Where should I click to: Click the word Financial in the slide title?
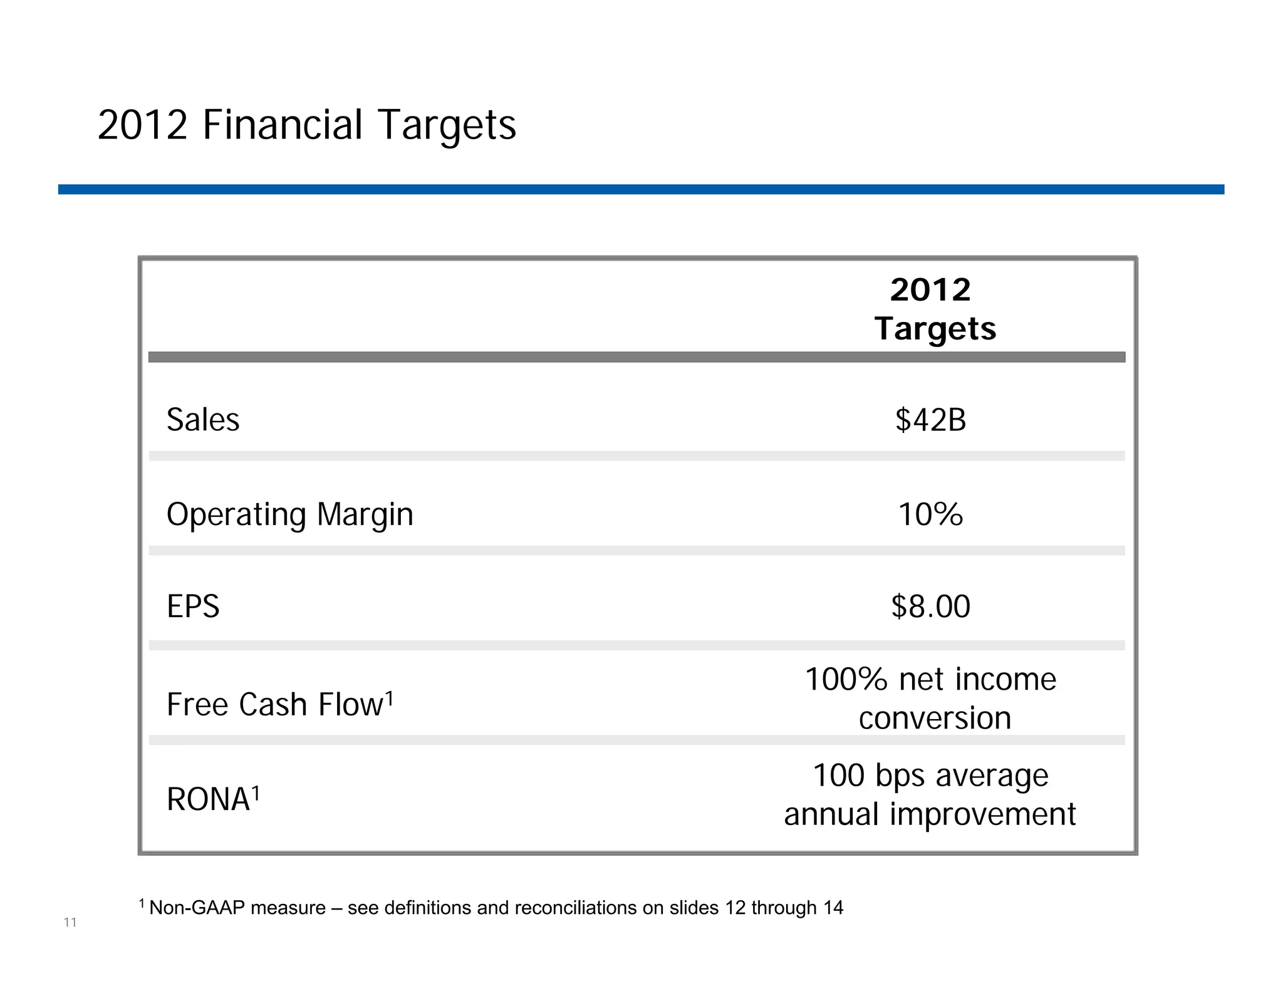(283, 125)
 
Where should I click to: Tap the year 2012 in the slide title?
(143, 125)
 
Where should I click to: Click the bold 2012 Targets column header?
(933, 309)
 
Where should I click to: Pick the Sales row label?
(203, 420)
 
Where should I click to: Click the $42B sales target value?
(930, 420)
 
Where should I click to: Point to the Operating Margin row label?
(289, 515)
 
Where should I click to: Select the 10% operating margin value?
(930, 514)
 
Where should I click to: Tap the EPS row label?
(193, 606)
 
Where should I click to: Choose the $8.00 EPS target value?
(930, 606)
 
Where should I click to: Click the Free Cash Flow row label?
(274, 705)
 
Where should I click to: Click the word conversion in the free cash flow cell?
(935, 719)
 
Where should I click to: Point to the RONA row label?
(208, 800)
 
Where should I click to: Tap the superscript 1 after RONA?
(256, 793)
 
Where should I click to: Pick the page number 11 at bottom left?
(70, 922)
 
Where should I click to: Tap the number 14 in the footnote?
(833, 908)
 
